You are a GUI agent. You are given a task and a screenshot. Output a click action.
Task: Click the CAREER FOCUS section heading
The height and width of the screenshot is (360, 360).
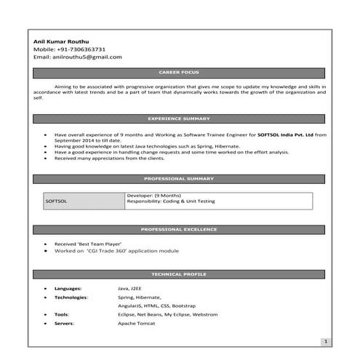pyautogui.click(x=179, y=73)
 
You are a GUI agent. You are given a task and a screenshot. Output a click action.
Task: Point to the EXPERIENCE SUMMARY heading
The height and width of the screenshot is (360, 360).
pyautogui.click(x=179, y=118)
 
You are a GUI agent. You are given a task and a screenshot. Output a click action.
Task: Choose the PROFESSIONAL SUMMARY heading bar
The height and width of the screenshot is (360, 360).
pyautogui.click(x=179, y=178)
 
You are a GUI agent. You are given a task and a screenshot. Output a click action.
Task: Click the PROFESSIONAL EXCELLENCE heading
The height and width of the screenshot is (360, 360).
pyautogui.click(x=179, y=229)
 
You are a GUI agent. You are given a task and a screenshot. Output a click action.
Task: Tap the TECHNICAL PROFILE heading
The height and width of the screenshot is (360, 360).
pyautogui.click(x=179, y=274)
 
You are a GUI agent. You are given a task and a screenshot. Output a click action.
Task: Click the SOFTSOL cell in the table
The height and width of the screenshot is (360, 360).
pyautogui.click(x=56, y=201)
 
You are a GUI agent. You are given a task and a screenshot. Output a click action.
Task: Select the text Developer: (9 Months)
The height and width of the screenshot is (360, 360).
pyautogui.click(x=153, y=196)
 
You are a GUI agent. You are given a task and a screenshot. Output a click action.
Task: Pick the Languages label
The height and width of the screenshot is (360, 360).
pyautogui.click(x=68, y=289)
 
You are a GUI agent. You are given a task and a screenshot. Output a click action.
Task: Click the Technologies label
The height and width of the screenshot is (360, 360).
pyautogui.click(x=71, y=297)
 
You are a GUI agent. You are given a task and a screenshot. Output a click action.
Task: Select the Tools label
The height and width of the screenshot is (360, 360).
pyautogui.click(x=62, y=314)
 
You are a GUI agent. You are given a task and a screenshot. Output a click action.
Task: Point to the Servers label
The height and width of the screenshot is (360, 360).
pyautogui.click(x=64, y=322)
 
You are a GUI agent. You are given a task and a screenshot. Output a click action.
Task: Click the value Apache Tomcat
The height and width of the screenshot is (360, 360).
pyautogui.click(x=136, y=322)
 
